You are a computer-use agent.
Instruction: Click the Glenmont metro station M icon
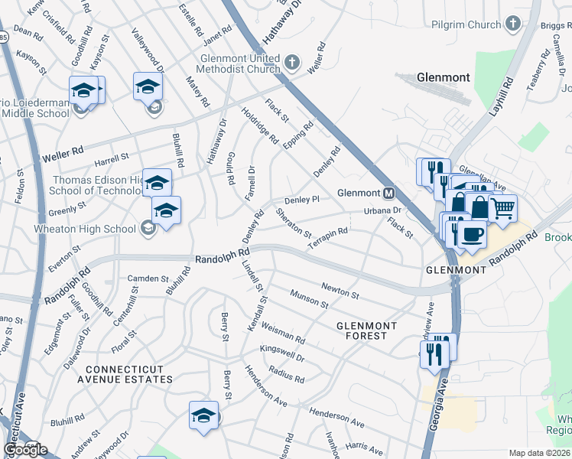coord(389,193)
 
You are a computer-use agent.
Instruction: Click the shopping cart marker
coord(502,207)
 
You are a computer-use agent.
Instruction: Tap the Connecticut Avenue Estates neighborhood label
coord(124,373)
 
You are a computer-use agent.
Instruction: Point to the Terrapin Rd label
coord(328,236)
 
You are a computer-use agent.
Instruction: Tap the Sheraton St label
coord(294,223)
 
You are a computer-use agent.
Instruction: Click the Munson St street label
coord(309,298)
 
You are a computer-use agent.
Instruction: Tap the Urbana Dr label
coord(382,210)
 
